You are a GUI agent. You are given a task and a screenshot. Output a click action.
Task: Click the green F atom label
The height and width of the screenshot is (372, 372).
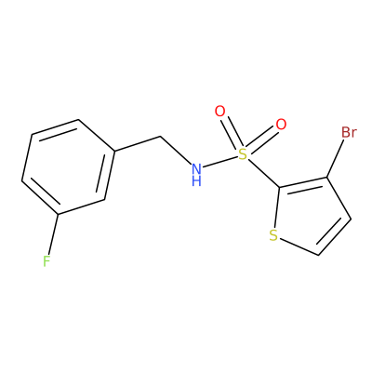pos(46,261)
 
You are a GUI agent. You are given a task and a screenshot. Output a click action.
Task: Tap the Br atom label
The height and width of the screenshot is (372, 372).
pos(349,133)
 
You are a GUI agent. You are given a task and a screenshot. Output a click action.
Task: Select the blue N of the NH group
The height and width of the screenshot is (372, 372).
pos(196,169)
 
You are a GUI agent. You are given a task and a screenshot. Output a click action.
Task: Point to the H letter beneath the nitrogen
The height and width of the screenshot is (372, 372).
pos(196,180)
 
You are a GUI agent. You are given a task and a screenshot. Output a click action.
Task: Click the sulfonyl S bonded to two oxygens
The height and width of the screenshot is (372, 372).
pos(243,154)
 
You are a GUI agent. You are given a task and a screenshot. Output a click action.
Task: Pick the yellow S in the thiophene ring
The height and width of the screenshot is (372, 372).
pos(273,235)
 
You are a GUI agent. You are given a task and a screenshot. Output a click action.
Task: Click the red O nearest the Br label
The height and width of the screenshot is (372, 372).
pos(281,125)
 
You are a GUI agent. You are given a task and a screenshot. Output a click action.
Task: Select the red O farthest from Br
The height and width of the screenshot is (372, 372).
pos(220,112)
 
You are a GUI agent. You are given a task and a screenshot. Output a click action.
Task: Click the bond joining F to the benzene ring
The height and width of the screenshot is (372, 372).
pos(53,234)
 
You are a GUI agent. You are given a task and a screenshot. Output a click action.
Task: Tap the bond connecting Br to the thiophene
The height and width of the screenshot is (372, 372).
pos(336,158)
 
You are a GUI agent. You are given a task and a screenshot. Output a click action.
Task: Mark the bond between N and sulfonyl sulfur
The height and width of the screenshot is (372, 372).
pos(219,162)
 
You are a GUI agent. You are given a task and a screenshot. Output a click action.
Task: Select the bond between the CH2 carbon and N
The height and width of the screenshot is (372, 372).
pos(176,150)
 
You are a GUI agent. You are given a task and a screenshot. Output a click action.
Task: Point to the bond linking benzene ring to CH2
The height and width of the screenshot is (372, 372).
pos(138,143)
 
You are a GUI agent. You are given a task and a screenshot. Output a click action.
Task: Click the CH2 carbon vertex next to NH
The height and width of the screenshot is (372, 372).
pos(161,136)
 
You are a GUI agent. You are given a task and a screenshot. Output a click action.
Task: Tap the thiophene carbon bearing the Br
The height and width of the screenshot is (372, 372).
pos(327,178)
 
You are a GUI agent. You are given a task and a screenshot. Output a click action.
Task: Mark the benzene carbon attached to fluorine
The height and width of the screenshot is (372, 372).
pos(59,214)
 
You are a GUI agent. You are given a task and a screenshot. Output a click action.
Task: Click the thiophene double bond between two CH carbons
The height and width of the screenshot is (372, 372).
pos(333,236)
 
